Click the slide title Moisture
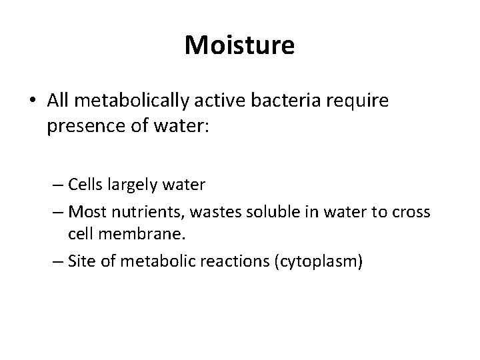tap(239, 46)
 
